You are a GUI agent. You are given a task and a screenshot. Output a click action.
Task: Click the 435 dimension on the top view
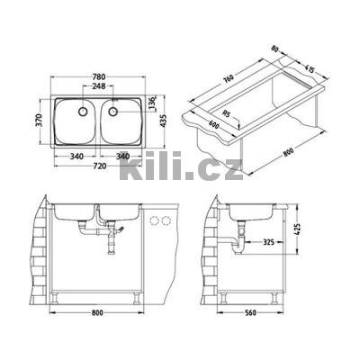click(163, 118)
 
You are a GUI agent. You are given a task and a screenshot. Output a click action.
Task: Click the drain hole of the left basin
click(82, 113)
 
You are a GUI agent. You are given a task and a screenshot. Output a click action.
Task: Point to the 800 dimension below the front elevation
click(97, 316)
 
